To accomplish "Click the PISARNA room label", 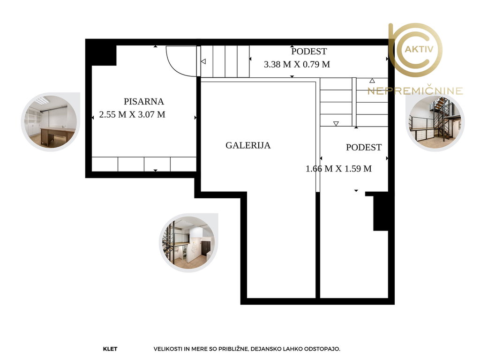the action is pos(143,101).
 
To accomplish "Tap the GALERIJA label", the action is pos(248,145).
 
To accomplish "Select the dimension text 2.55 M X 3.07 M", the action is pos(132,114).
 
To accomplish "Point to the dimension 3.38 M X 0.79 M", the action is pos(297,64).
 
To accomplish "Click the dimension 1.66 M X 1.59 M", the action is pos(338,169).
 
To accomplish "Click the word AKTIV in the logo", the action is pos(419,49).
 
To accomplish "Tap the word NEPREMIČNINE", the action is pos(415,91).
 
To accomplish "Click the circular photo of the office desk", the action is pos(51,122).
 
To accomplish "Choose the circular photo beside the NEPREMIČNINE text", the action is pos(435,122).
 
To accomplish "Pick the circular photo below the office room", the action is pos(188,243).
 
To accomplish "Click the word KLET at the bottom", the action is pos(110,349).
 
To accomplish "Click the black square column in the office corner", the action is pos(104,55).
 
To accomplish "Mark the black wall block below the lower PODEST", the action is pos(381,212).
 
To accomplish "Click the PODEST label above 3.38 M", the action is pos(309,52).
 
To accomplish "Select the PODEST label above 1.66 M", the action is pos(364,148).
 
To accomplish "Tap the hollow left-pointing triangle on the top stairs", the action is pos(203,61).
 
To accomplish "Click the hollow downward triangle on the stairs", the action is pos(336,124).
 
